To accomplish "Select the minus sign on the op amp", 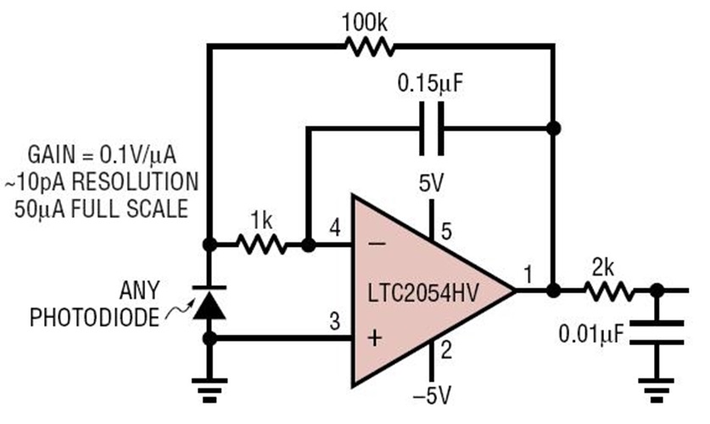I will (373, 244).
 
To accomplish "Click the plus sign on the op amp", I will (373, 339).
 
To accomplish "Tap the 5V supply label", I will (433, 181).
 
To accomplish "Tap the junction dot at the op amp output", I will (553, 290).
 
